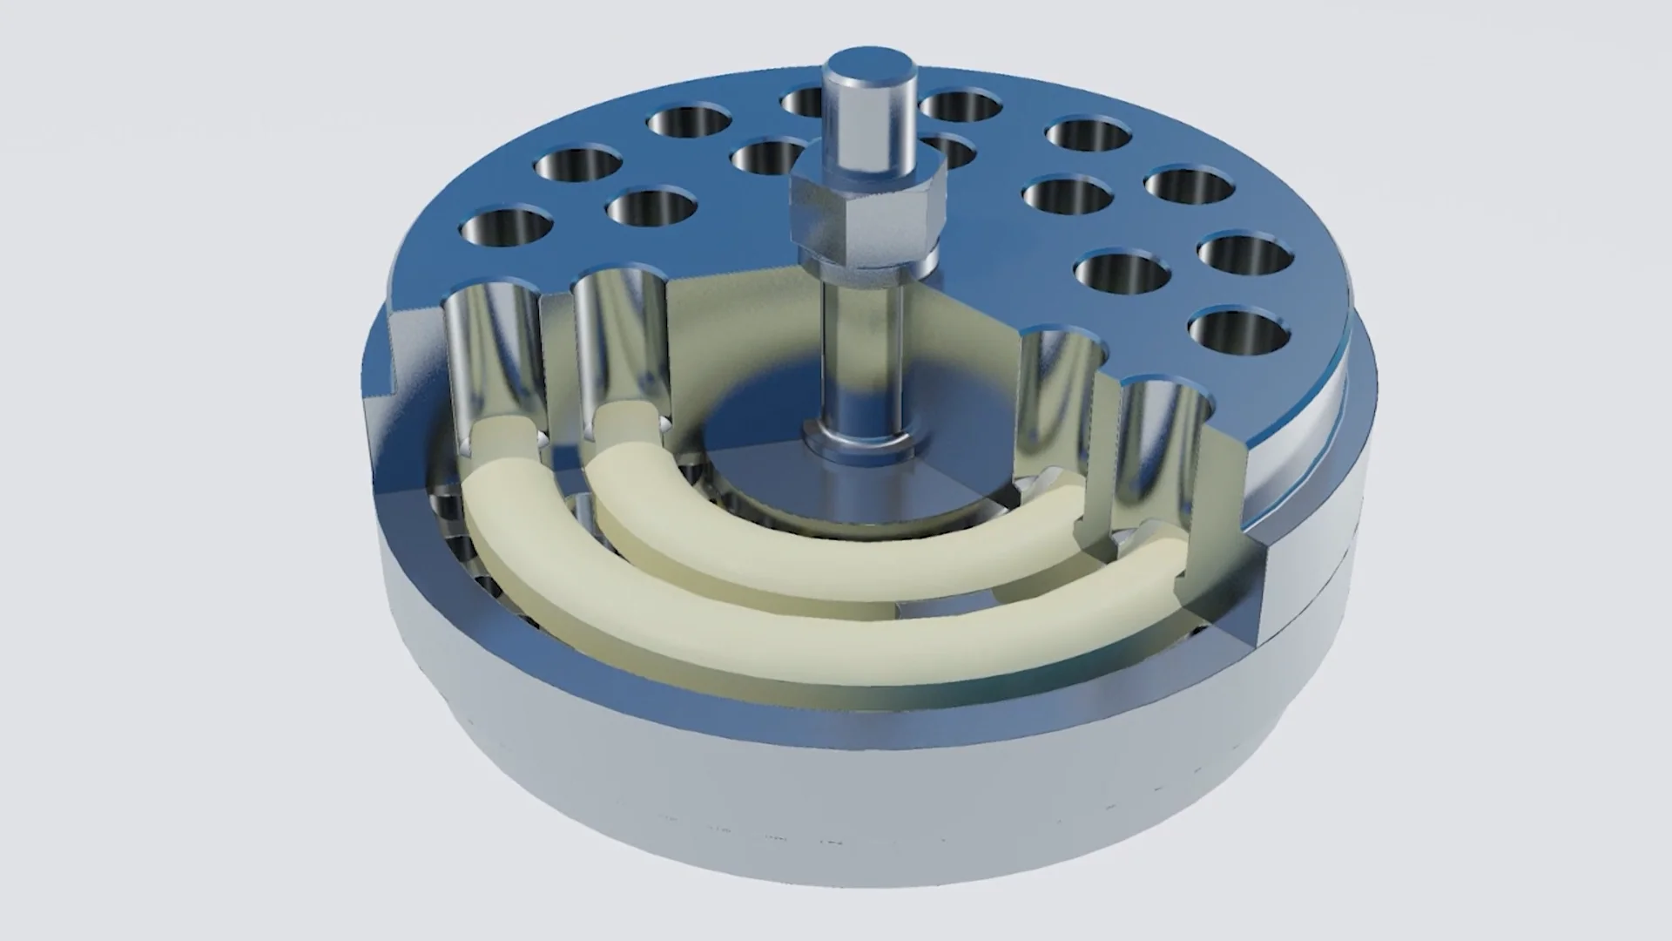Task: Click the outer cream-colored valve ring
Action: click(784, 636)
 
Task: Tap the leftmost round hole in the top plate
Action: click(504, 227)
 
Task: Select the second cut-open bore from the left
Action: click(620, 349)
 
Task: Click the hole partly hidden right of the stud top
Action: click(958, 105)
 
